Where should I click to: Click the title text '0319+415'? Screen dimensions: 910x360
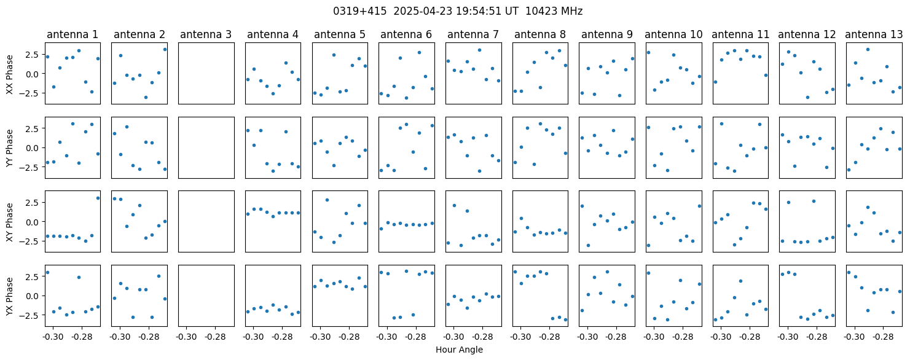click(359, 11)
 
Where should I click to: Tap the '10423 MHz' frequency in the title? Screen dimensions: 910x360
click(554, 11)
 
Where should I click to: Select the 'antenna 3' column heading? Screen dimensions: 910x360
click(206, 34)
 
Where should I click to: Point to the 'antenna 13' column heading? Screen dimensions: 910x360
click(874, 34)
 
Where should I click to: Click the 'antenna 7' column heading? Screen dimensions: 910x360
click(473, 34)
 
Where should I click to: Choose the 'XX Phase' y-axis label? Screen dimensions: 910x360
click(9, 74)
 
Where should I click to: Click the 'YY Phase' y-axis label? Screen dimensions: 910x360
click(9, 148)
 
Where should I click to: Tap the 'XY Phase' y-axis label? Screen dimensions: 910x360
click(9, 222)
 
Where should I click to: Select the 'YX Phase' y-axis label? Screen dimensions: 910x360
click(9, 295)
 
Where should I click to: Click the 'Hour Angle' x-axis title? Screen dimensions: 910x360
click(459, 350)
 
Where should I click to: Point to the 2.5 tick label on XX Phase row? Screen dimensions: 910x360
click(34, 54)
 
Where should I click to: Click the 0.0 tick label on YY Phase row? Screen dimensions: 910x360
click(34, 148)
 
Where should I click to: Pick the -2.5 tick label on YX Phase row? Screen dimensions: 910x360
click(32, 315)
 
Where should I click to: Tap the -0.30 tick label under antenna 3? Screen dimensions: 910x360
click(186, 337)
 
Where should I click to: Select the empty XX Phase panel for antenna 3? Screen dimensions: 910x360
click(206, 73)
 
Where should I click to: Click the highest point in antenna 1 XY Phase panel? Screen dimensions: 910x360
click(98, 198)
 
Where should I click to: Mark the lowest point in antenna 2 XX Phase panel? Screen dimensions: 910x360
click(146, 98)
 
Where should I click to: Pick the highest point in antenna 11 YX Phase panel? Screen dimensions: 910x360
click(740, 281)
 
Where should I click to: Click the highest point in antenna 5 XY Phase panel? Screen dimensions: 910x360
click(327, 200)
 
